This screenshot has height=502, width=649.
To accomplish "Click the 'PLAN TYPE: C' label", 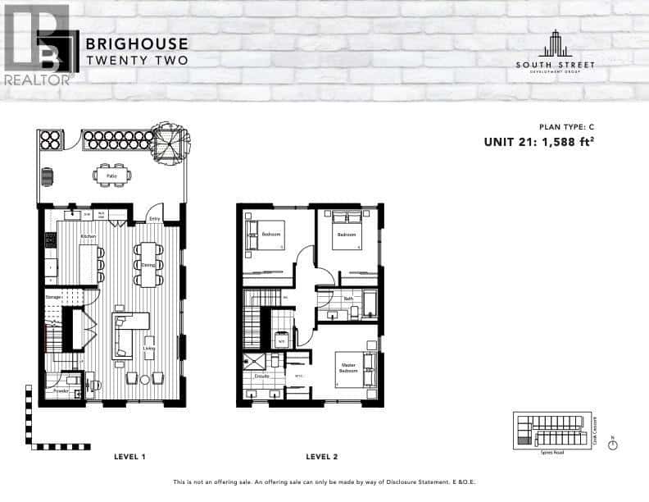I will pos(565,127).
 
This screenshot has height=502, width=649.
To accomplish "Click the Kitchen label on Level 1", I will pos(88,236).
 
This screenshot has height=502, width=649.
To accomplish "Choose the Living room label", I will pos(148,348).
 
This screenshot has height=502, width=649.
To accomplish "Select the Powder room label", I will pos(61,391).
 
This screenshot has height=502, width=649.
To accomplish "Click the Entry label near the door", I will pos(155,218).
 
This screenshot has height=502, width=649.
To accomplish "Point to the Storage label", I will pos(54,296).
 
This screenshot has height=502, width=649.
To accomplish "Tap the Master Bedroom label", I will pos(348,368).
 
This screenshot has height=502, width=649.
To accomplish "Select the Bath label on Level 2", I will pos(348,299).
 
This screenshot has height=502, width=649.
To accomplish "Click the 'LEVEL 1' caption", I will pos(129,456).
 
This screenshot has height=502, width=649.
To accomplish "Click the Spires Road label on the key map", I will pos(551,451).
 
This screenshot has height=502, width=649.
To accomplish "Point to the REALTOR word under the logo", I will pos(36,80).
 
